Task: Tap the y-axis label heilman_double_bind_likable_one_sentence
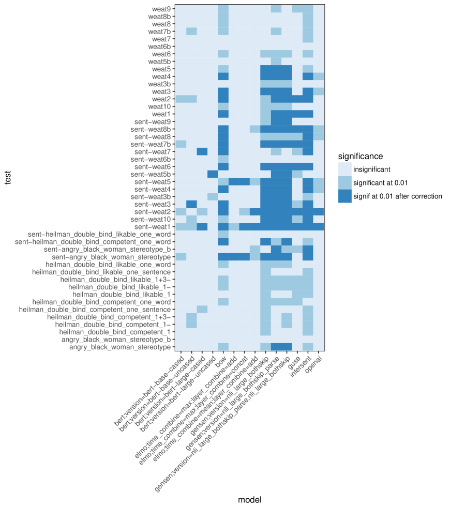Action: pyautogui.click(x=101, y=271)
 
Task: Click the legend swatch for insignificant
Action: pyautogui.click(x=344, y=169)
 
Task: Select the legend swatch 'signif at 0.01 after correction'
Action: pyautogui.click(x=344, y=196)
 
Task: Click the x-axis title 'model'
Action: pyautogui.click(x=249, y=499)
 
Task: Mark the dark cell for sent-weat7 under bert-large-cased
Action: pyautogui.click(x=202, y=151)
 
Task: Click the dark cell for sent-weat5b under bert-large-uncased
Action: pyautogui.click(x=213, y=174)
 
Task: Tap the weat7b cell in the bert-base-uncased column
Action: pyautogui.click(x=191, y=32)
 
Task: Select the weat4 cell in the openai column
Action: pyautogui.click(x=319, y=76)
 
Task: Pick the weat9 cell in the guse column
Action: pyautogui.click(x=297, y=9)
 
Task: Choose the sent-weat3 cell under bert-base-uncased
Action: pyautogui.click(x=191, y=204)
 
